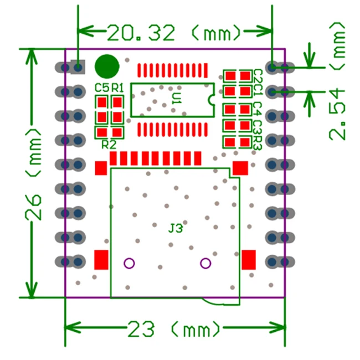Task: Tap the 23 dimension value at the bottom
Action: click(143, 331)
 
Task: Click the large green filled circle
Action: click(106, 66)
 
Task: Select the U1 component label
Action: click(176, 99)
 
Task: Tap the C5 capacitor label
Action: click(101, 88)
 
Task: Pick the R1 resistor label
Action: click(117, 88)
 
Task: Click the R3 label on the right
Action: click(257, 142)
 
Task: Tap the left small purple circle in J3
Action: click(129, 263)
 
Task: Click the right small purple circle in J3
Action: click(205, 263)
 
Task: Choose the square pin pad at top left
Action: click(79, 67)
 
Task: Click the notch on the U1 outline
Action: click(211, 100)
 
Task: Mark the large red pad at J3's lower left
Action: click(101, 259)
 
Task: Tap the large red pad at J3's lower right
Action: click(249, 259)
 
